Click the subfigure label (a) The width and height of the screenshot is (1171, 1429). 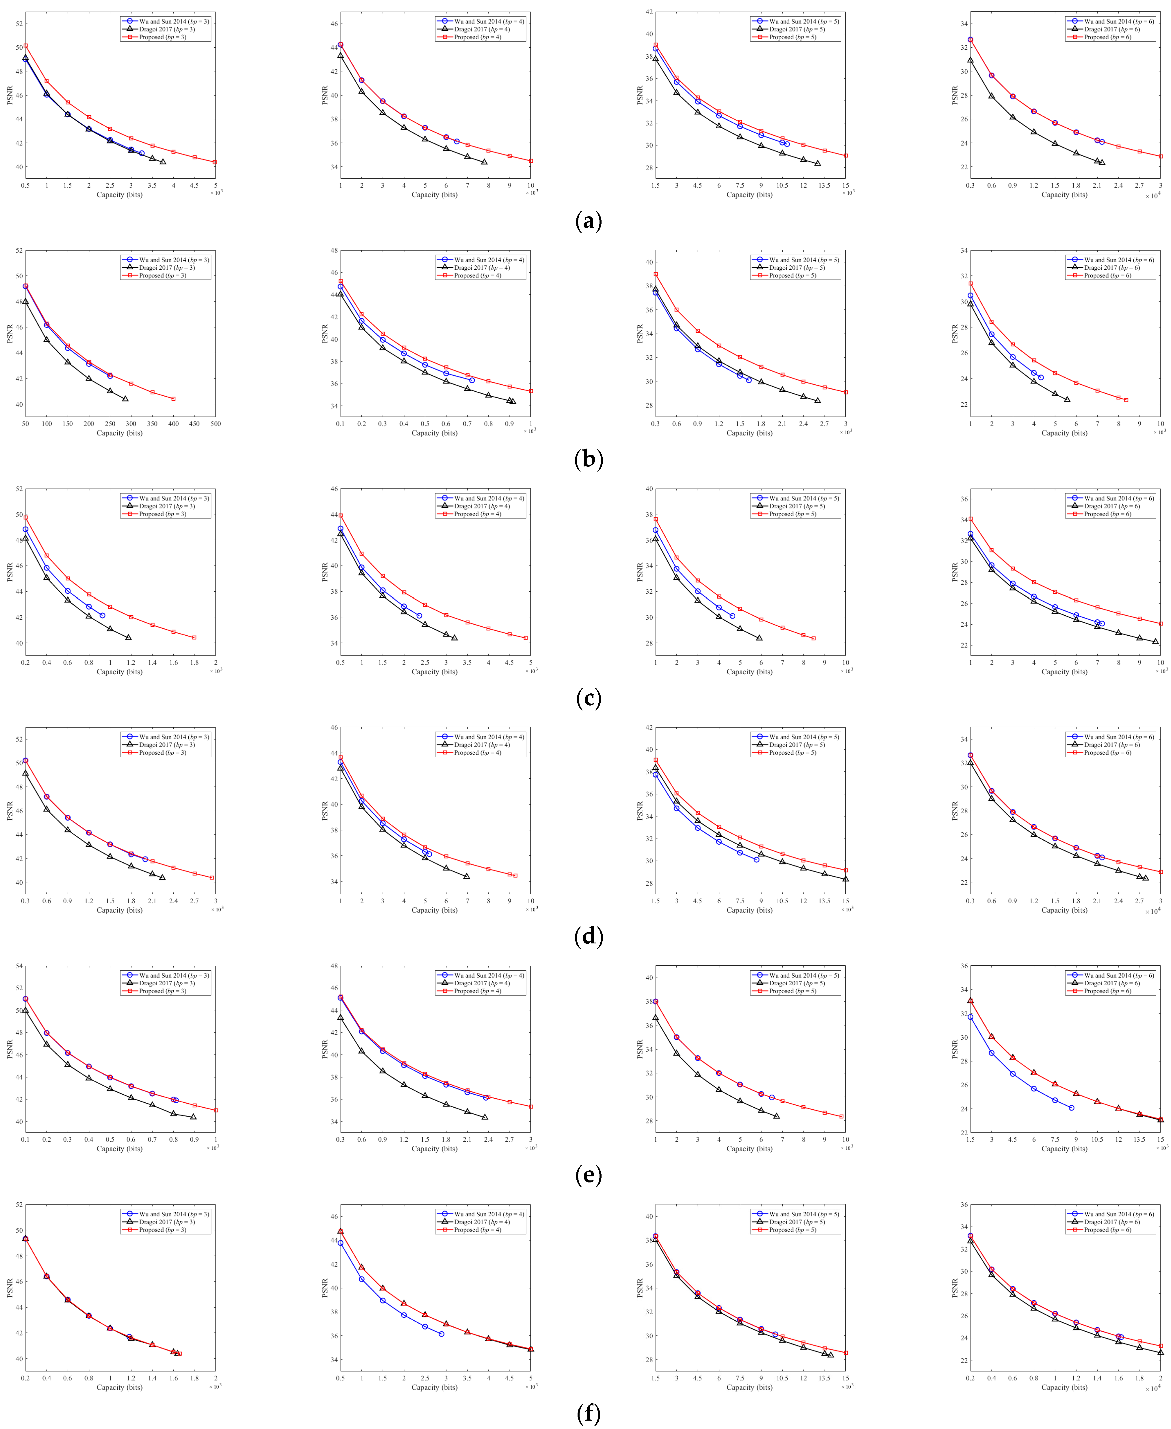[x=588, y=221]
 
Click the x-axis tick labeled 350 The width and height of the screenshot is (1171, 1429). [x=153, y=424]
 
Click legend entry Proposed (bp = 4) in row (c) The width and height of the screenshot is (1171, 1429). [x=478, y=514]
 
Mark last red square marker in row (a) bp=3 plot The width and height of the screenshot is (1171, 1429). [x=214, y=162]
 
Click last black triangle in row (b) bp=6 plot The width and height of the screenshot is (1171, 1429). [x=1066, y=399]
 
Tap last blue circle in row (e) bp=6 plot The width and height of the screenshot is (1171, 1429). [x=1071, y=1108]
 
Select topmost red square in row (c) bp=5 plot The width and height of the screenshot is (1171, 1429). [x=656, y=519]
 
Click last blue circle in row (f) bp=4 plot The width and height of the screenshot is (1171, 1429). [x=441, y=1334]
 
